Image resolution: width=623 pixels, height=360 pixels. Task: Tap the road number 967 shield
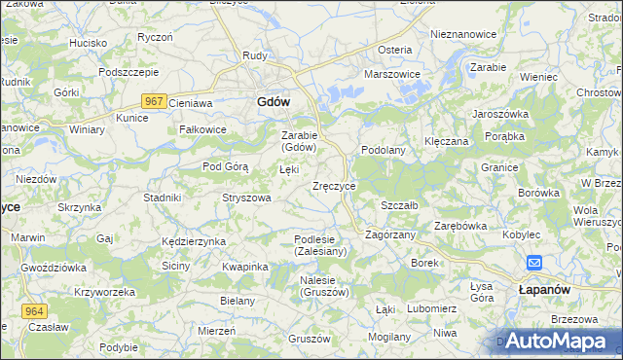pyautogui.click(x=152, y=101)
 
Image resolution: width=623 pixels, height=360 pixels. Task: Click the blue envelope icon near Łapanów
pyautogui.click(x=535, y=263)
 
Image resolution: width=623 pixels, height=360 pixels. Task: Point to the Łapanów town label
pyautogui.click(x=542, y=290)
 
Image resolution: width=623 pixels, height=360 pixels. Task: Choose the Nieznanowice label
pyautogui.click(x=462, y=34)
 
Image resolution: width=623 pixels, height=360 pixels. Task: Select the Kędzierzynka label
pyautogui.click(x=194, y=241)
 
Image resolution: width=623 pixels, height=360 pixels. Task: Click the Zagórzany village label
pyautogui.click(x=390, y=234)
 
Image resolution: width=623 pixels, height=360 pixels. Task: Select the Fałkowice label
pyautogui.click(x=202, y=129)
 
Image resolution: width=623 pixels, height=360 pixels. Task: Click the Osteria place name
pyautogui.click(x=395, y=50)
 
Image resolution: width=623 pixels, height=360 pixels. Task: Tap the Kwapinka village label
pyautogui.click(x=244, y=267)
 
